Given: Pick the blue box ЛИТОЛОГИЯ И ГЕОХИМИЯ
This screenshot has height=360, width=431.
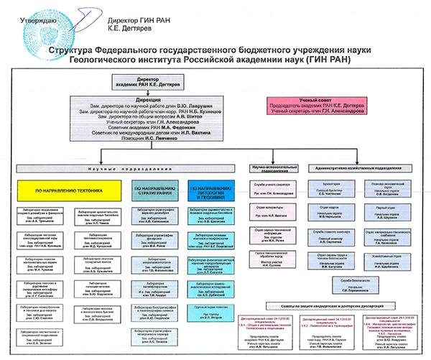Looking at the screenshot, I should point(210,192).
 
